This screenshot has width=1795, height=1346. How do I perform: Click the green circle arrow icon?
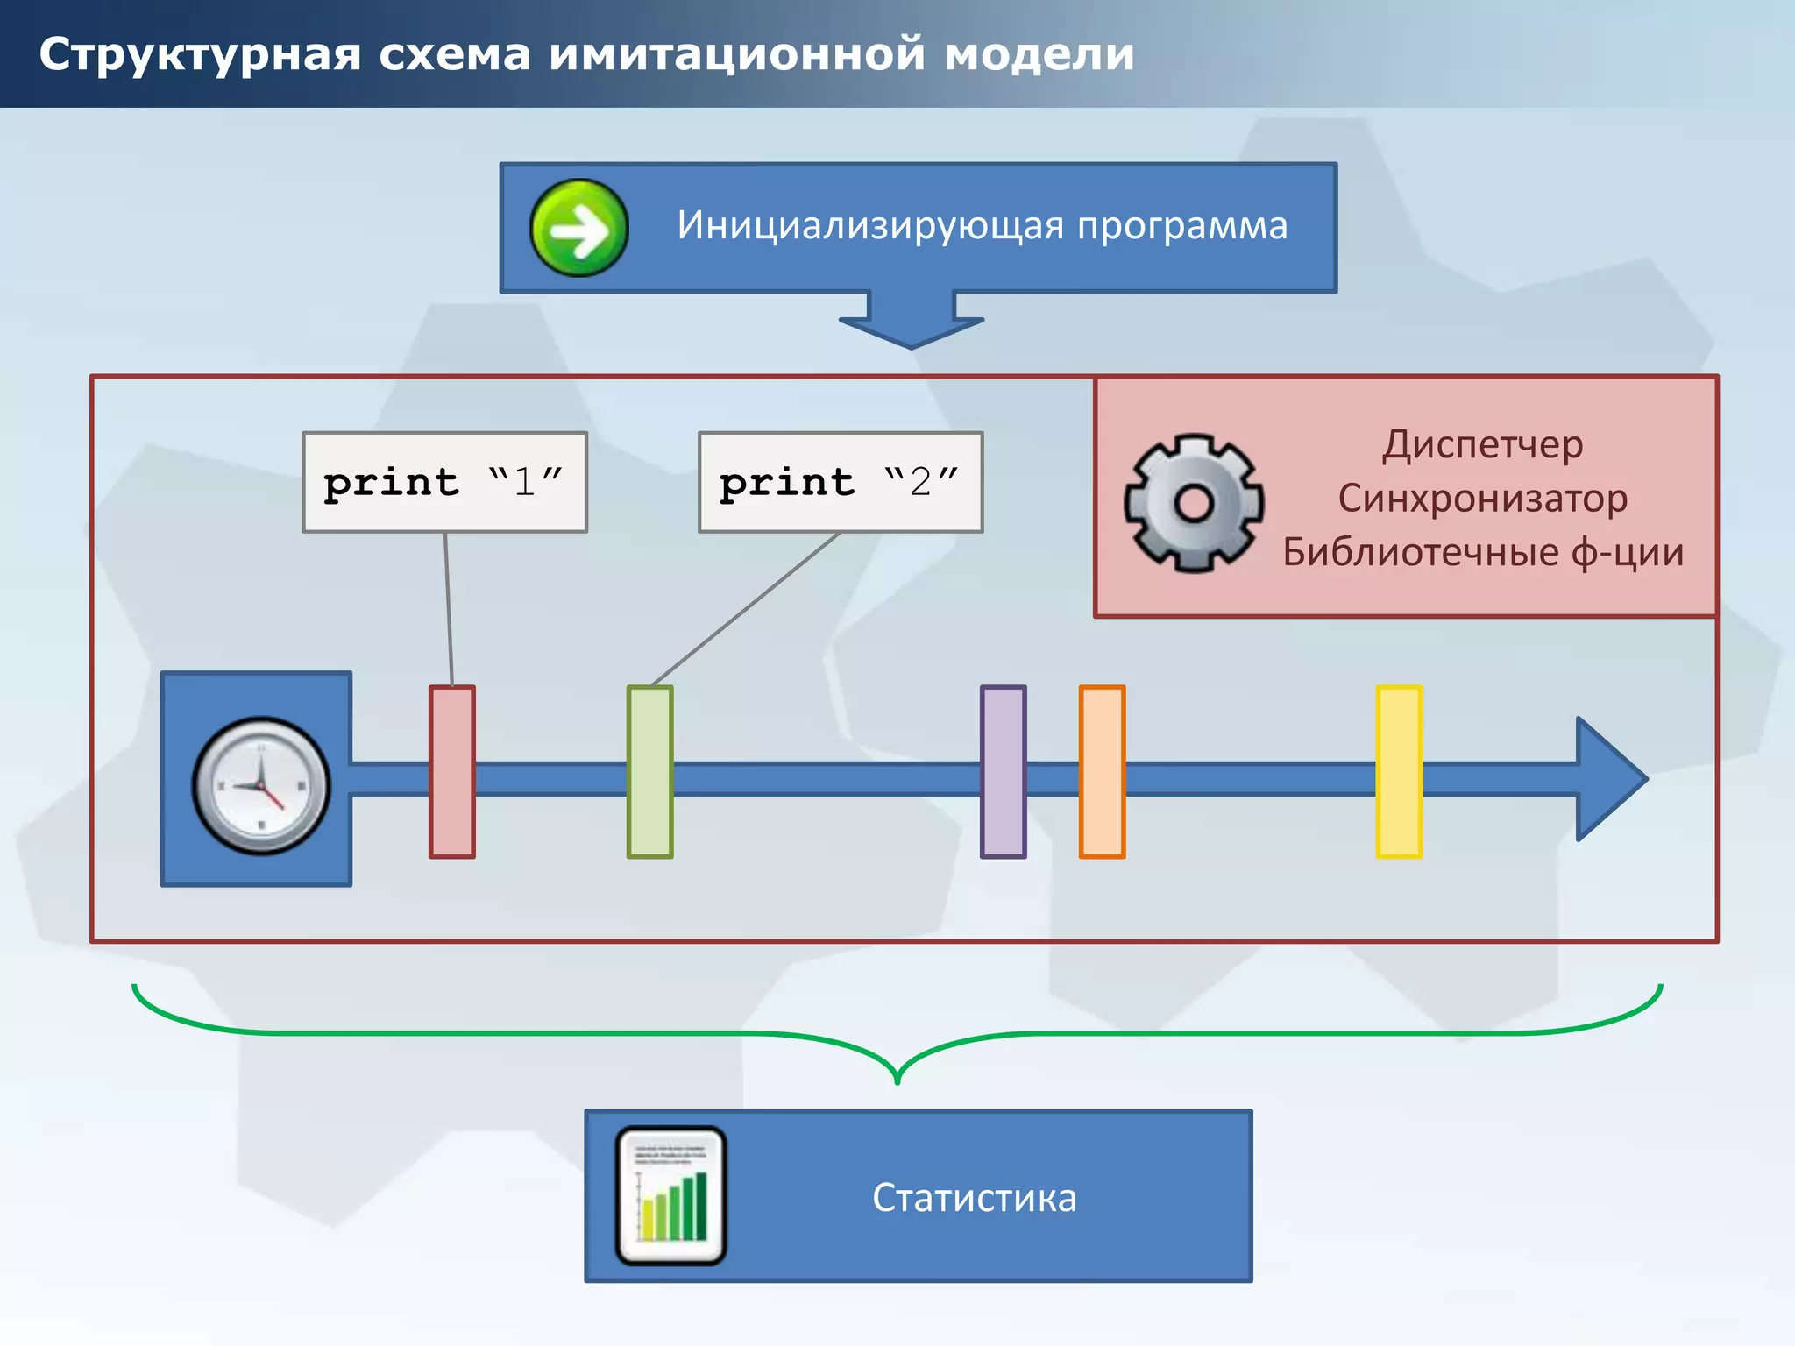click(579, 228)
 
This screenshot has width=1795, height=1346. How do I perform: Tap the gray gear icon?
click(1194, 503)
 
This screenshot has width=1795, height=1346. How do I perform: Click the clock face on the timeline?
click(261, 785)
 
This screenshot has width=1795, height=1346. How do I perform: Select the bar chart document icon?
click(671, 1196)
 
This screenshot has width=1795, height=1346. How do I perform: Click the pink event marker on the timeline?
click(452, 771)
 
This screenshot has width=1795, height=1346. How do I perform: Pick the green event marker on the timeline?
click(650, 771)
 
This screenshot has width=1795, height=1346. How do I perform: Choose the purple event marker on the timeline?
click(1004, 771)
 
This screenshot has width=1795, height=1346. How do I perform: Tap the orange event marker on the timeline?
click(1103, 771)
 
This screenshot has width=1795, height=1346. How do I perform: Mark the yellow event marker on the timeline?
click(1399, 771)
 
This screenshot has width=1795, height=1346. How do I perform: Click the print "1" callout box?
click(445, 482)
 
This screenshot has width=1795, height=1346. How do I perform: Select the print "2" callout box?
click(841, 482)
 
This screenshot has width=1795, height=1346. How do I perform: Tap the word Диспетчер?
click(1483, 444)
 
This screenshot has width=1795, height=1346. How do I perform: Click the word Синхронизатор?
click(1483, 499)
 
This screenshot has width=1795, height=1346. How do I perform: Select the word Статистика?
click(974, 1198)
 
